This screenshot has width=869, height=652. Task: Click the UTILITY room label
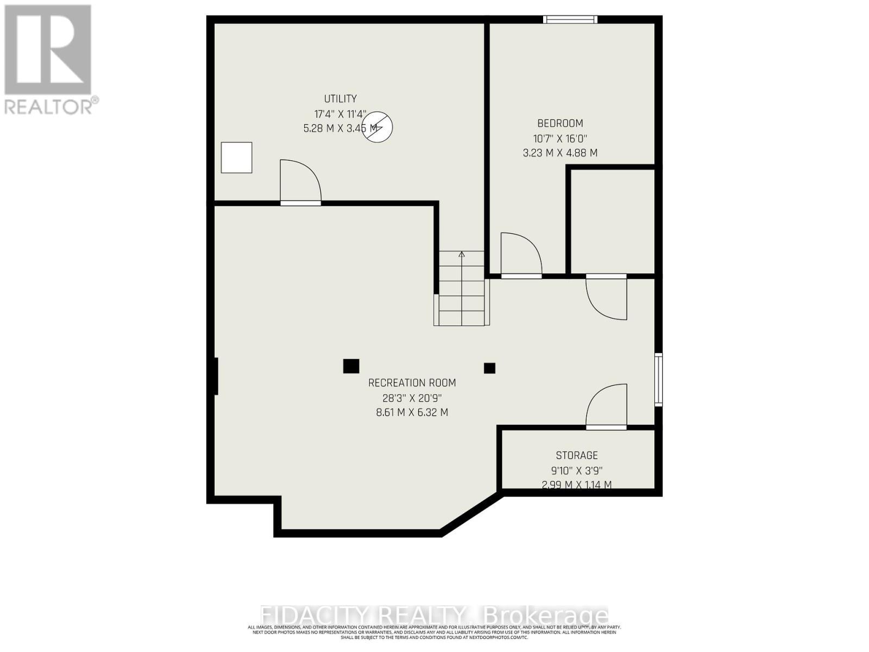pos(341,99)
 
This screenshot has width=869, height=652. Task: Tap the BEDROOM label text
pos(560,123)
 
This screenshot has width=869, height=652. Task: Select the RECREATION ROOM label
pos(412,383)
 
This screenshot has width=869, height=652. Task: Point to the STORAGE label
pos(576,455)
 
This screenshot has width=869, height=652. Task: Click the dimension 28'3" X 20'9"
pos(412,398)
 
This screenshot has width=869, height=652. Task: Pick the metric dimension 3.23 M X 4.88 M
pos(560,153)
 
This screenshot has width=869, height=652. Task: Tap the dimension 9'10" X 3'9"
pos(576,471)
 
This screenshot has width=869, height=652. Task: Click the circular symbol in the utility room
pos(378,128)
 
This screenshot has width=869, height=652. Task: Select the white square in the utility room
pos(236,158)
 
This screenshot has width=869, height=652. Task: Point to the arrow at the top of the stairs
pos(462,254)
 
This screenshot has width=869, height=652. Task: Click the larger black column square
pos(351,366)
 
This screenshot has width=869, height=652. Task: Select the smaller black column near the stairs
pos(489,368)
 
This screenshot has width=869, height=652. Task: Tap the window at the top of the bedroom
pos(570,20)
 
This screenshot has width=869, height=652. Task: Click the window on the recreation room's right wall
pos(658,379)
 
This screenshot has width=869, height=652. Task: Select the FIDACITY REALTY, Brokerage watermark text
pos(434,616)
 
